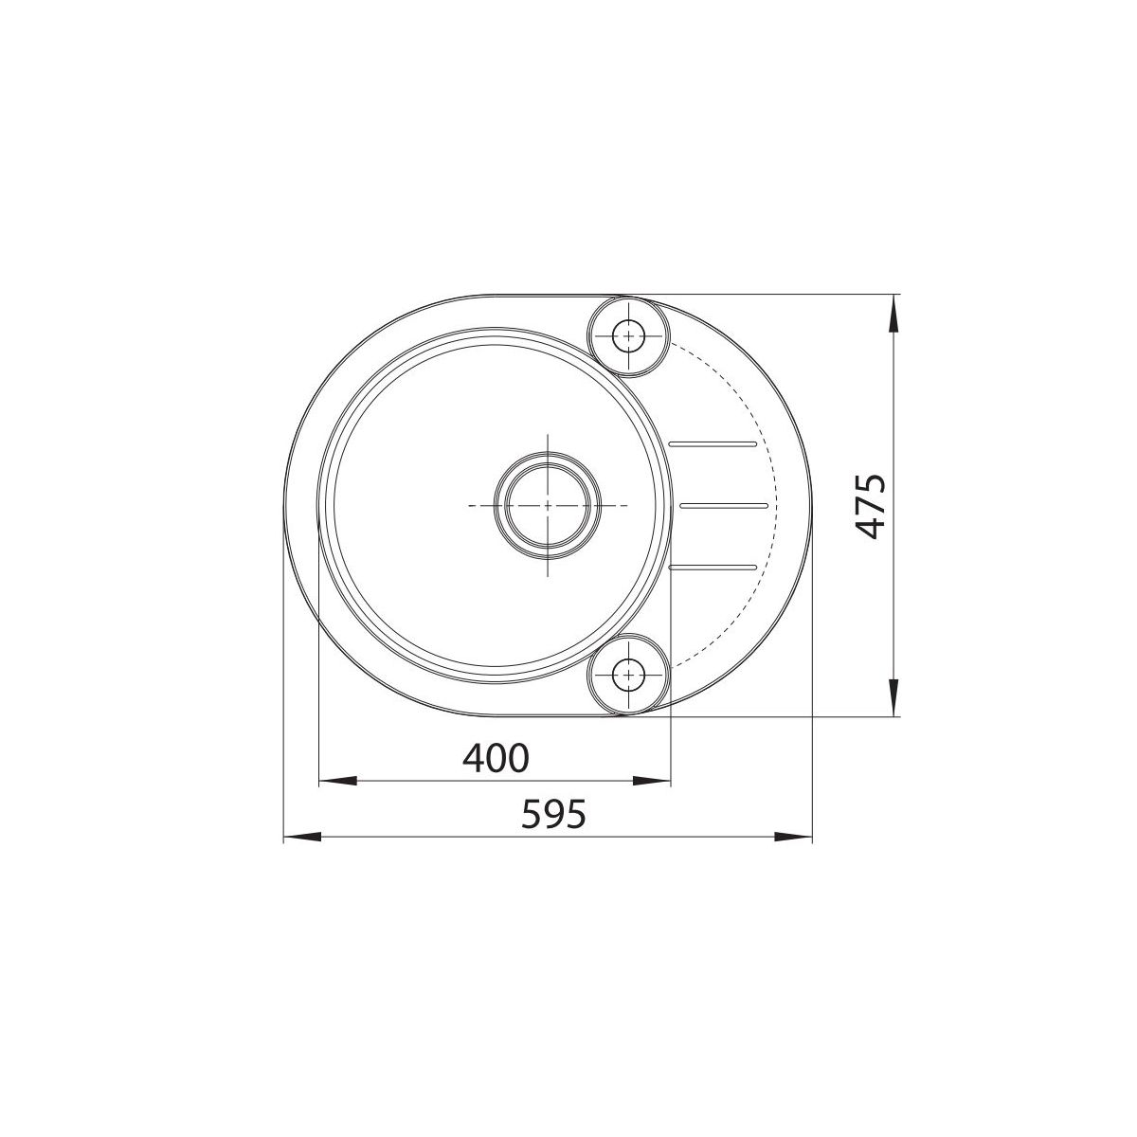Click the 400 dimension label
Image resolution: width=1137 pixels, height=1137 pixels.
pyautogui.click(x=496, y=758)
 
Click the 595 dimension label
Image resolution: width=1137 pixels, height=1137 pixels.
pyautogui.click(x=554, y=814)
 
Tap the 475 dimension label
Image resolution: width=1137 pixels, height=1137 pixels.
pyautogui.click(x=871, y=506)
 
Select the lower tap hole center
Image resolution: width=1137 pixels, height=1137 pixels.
pyautogui.click(x=628, y=674)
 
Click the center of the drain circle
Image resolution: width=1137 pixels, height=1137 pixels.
pyautogui.click(x=548, y=505)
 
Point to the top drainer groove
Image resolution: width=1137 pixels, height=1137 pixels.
pyautogui.click(x=713, y=443)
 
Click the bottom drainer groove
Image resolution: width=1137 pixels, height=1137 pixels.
pyautogui.click(x=713, y=567)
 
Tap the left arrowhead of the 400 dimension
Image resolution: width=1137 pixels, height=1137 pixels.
pyautogui.click(x=337, y=781)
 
